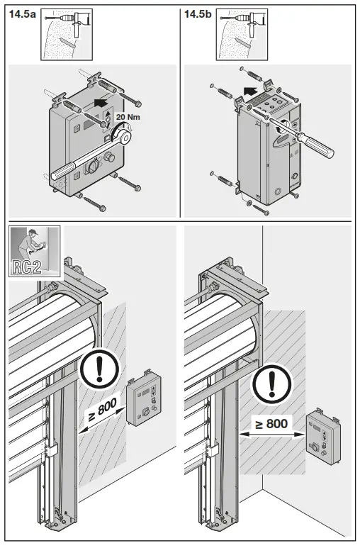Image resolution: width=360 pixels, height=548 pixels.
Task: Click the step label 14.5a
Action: coord(23,14)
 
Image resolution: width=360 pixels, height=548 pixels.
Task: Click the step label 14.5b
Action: coord(199,14)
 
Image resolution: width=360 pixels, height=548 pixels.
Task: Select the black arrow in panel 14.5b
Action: coord(249,90)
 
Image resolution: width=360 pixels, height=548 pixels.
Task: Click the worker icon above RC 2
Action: coord(33,242)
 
